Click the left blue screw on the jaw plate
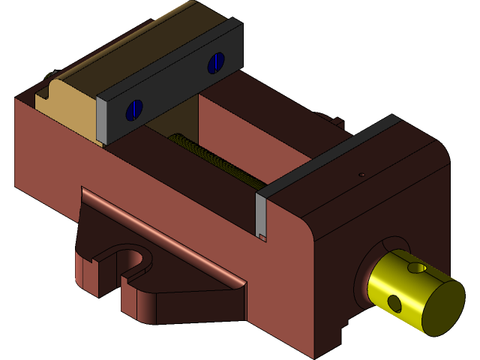coord(134,109)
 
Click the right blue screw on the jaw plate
coord(217,63)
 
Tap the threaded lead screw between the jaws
coord(217,161)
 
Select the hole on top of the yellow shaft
coord(415,267)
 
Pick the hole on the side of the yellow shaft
coord(394,302)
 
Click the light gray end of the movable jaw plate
coord(261,214)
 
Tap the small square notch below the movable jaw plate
coord(263,238)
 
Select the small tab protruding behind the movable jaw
coord(330,119)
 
